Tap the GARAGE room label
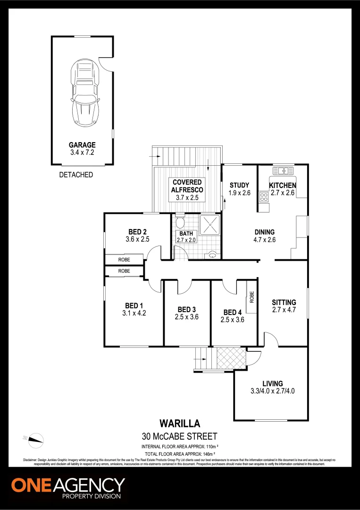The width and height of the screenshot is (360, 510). click(82, 145)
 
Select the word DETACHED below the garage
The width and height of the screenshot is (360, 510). click(76, 175)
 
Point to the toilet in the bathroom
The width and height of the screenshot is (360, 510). click(179, 222)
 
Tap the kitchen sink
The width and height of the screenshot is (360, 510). click(283, 170)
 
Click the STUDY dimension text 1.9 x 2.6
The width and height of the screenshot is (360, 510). click(240, 193)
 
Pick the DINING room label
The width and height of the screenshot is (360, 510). click(264, 232)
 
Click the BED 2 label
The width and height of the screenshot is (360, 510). click(138, 231)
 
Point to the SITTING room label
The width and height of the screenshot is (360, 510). click(284, 302)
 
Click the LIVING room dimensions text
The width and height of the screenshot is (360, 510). click(273, 391)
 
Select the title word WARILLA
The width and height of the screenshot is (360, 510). click(179, 424)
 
